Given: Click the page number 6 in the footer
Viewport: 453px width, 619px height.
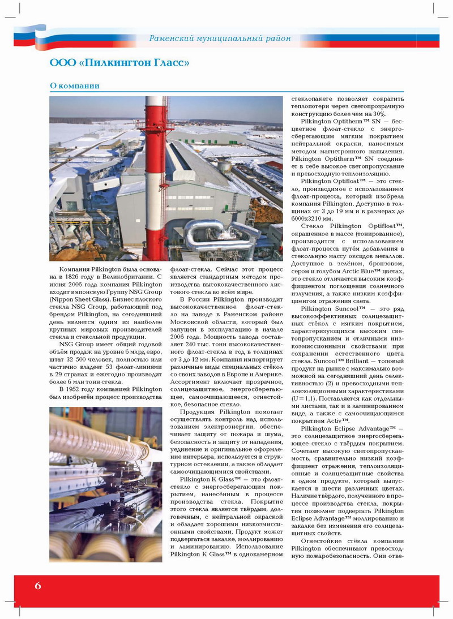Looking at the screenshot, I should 37,585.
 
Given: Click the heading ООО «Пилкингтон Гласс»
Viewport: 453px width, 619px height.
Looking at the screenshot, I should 119,62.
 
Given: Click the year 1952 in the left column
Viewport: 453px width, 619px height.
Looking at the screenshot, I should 82,389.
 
